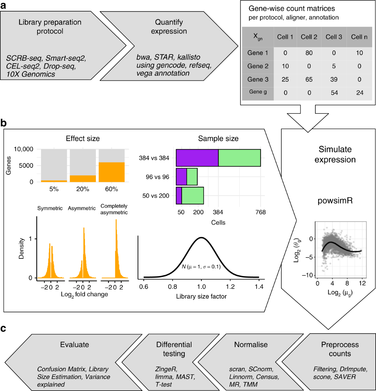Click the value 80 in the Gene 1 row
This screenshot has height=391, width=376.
click(x=309, y=53)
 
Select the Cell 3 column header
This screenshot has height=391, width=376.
click(x=334, y=37)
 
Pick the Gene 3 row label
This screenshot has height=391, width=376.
click(x=258, y=79)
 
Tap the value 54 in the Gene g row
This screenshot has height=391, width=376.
click(x=334, y=92)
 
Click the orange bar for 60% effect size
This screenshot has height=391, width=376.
click(x=112, y=172)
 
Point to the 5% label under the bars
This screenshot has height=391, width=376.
click(x=54, y=189)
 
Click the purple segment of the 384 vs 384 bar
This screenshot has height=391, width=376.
click(x=197, y=158)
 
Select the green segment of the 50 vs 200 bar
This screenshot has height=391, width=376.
click(x=193, y=196)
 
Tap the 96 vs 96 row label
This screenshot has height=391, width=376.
click(x=157, y=177)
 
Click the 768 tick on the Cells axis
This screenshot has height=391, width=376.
click(x=260, y=212)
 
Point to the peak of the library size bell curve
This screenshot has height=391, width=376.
click(x=201, y=237)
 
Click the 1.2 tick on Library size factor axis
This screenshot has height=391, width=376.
click(x=230, y=286)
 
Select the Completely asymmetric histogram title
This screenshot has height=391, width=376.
click(x=114, y=209)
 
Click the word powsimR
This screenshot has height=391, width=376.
click(x=335, y=201)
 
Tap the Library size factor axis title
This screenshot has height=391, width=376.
click(x=201, y=296)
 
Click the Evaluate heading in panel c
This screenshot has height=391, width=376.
click(x=75, y=345)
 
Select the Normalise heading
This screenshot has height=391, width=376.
click(x=251, y=345)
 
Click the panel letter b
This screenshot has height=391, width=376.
click(x=3, y=123)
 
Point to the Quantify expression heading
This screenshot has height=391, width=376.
click(x=169, y=27)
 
